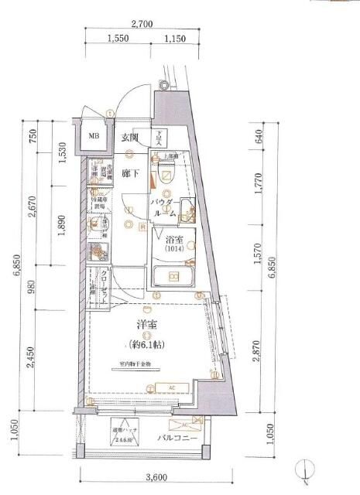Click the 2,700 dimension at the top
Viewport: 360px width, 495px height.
(141, 25)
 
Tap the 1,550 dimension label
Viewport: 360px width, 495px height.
(118, 38)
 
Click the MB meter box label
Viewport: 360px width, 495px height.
(93, 138)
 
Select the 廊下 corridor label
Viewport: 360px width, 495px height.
(130, 174)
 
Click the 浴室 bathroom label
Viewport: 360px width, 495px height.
(173, 239)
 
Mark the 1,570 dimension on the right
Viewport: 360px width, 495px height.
(258, 258)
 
